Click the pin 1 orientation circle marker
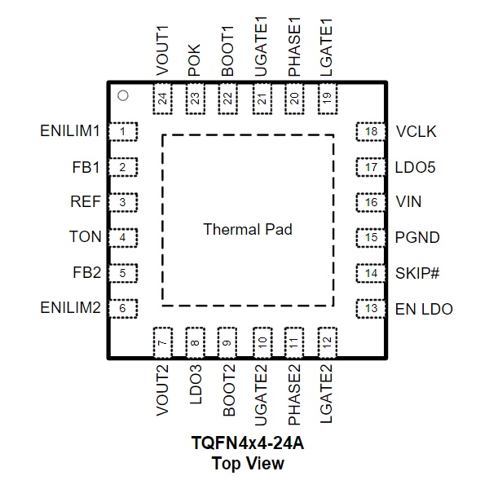(x=123, y=95)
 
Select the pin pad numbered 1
(x=123, y=131)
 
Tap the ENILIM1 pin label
(x=70, y=131)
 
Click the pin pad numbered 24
(x=163, y=99)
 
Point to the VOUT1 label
(x=162, y=51)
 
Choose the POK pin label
(x=194, y=60)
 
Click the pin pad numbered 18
(x=371, y=131)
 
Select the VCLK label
(x=416, y=131)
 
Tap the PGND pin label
(x=417, y=238)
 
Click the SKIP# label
(x=417, y=274)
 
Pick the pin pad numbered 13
(x=371, y=309)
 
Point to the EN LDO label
(x=424, y=309)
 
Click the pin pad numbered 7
(x=163, y=343)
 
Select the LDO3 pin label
(x=196, y=385)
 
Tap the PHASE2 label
(x=294, y=394)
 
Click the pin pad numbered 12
(x=328, y=343)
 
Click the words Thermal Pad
(x=248, y=230)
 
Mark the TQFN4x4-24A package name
(x=248, y=443)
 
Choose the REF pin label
(x=86, y=201)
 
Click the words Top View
(x=248, y=463)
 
